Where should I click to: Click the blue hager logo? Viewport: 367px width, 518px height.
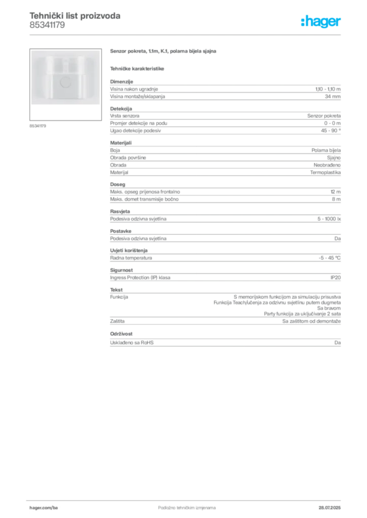(322, 22)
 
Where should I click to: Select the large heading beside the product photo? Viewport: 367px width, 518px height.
(164, 52)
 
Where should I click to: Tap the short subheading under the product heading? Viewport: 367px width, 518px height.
(138, 67)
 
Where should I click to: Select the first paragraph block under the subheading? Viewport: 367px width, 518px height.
(225, 90)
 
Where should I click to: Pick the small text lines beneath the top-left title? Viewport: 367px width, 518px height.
(47, 26)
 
